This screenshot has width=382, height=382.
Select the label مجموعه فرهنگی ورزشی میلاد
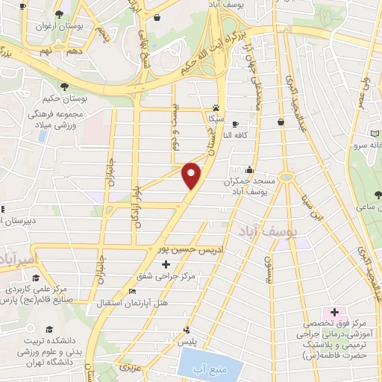pyautogui.click(x=59, y=121)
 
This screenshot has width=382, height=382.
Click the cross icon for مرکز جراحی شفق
pyautogui.click(x=166, y=264)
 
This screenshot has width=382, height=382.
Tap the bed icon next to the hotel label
pyautogui.click(x=132, y=291)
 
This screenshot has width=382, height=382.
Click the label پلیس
pyautogui.click(x=206, y=339)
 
